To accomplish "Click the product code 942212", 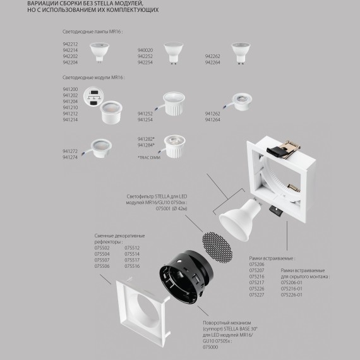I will pyautogui.click(x=70, y=45).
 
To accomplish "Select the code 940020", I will pyautogui.click(x=145, y=50).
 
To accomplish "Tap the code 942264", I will pyautogui.click(x=213, y=62).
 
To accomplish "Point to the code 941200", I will pyautogui.click(x=70, y=90).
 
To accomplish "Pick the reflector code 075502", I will pyautogui.click(x=102, y=248).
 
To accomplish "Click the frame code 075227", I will pyautogui.click(x=257, y=294).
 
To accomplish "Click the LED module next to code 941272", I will pyautogui.click(x=101, y=147).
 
